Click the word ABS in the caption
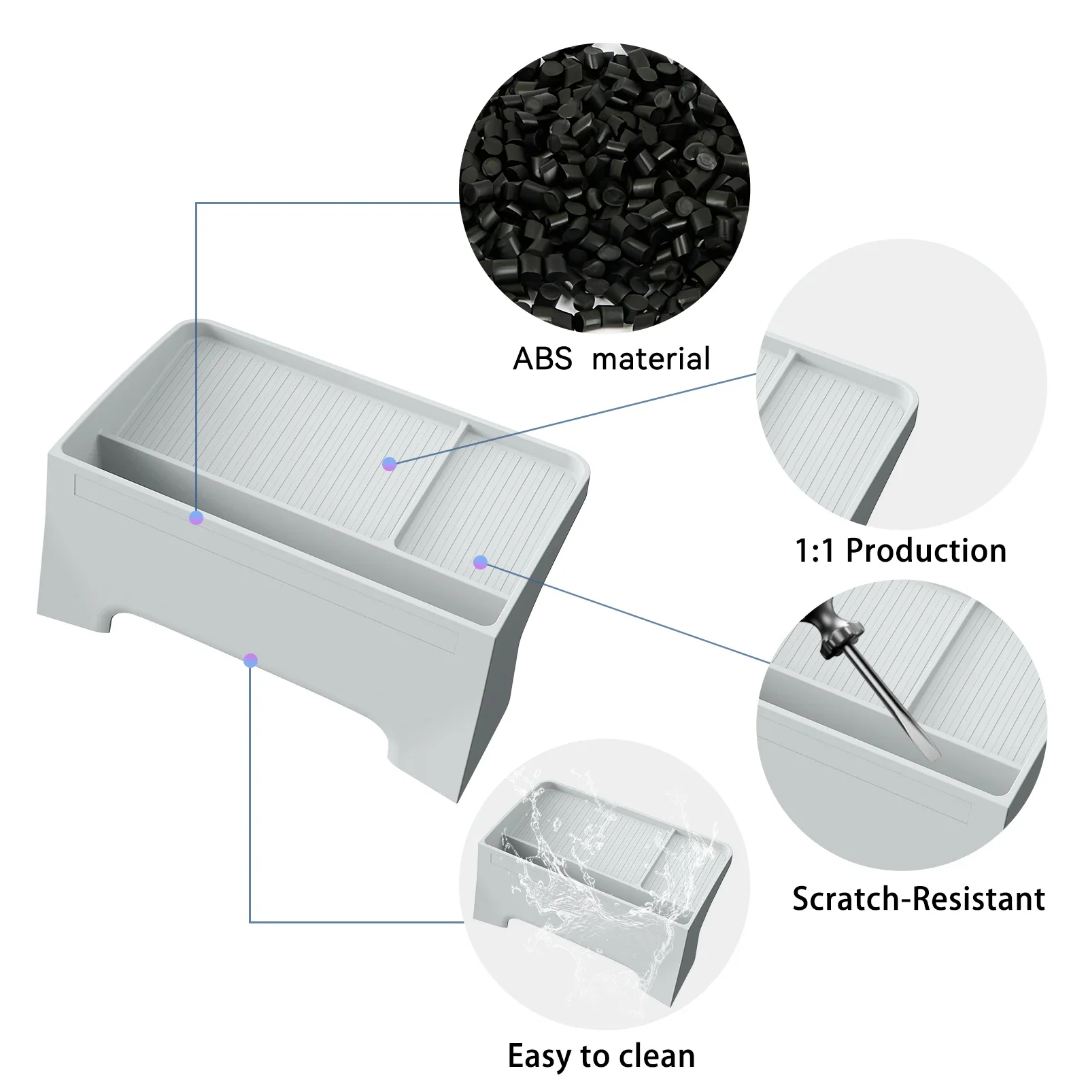(542, 359)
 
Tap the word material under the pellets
(651, 359)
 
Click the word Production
(925, 551)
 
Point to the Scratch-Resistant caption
(918, 899)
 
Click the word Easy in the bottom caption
(539, 1056)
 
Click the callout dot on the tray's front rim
(197, 518)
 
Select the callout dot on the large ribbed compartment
(389, 464)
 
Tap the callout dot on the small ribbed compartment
(480, 562)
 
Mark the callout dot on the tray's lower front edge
(250, 660)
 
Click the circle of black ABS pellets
(604, 187)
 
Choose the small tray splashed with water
(604, 884)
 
